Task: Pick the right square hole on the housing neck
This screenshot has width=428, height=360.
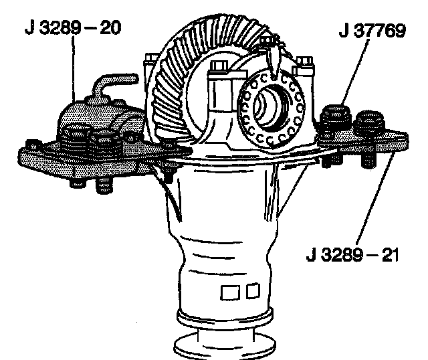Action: pyautogui.click(x=251, y=292)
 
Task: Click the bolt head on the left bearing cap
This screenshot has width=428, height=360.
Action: pyautogui.click(x=218, y=66)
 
